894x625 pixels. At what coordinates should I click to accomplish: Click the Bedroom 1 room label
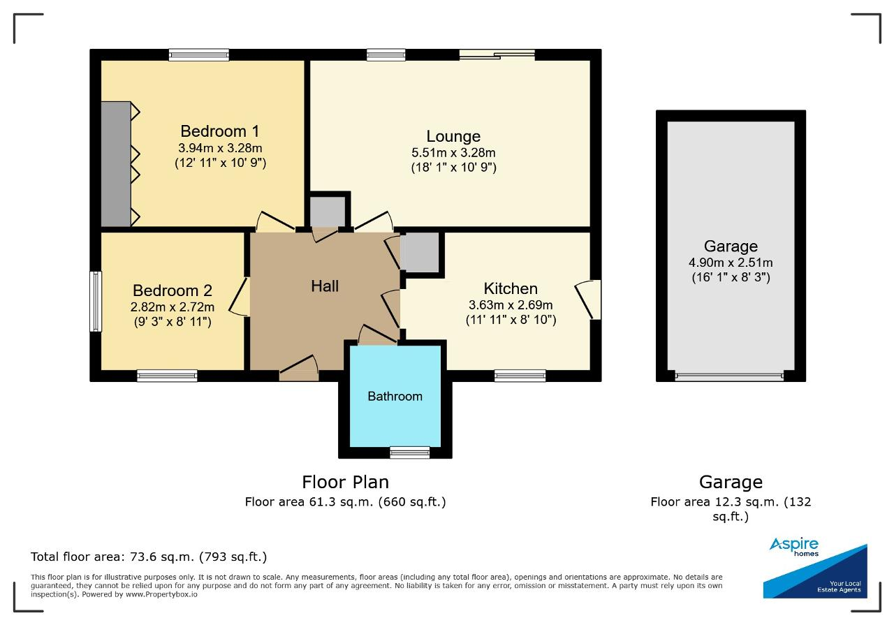click(220, 131)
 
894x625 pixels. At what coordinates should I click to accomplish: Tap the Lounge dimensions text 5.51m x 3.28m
click(453, 152)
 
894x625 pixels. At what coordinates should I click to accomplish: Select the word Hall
click(325, 286)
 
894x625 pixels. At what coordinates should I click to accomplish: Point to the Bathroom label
click(395, 396)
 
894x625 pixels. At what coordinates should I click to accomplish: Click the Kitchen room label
click(511, 288)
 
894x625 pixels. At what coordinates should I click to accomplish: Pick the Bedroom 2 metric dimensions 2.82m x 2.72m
click(173, 307)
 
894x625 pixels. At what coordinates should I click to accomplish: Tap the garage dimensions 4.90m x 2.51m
click(731, 263)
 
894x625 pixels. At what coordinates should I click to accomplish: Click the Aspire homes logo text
click(794, 547)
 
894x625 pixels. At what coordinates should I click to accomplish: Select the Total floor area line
click(149, 557)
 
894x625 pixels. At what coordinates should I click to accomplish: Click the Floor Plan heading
click(345, 482)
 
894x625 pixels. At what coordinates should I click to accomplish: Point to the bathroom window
click(410, 453)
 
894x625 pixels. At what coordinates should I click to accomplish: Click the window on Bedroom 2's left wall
click(96, 301)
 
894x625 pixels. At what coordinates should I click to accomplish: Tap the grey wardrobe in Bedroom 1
click(116, 164)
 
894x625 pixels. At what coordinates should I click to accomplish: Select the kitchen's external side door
click(588, 300)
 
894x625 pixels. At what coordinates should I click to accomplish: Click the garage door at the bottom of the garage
click(729, 376)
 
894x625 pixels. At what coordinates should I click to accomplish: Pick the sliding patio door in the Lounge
click(497, 54)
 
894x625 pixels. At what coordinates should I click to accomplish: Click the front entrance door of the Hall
click(299, 369)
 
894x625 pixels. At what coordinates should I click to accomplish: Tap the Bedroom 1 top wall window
click(199, 54)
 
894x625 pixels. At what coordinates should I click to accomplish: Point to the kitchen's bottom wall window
click(520, 376)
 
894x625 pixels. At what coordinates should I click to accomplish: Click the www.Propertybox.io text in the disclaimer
click(161, 594)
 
